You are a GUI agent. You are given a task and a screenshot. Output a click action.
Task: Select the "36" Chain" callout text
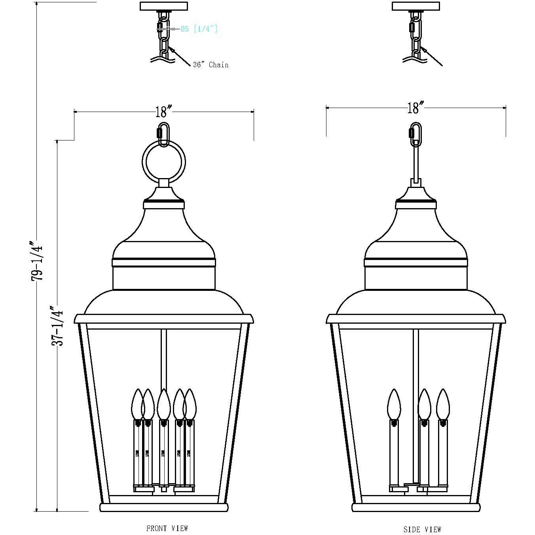click(x=211, y=65)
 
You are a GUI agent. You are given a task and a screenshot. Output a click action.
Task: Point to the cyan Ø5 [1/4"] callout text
click(x=199, y=29)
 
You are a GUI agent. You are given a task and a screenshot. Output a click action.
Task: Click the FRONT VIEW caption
click(x=167, y=528)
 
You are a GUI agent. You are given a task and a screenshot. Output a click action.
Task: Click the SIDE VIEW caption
click(x=422, y=529)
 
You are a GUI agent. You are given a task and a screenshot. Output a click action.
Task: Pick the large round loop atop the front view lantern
click(x=163, y=163)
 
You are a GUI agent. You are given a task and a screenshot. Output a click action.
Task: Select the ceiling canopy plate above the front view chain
click(x=164, y=6)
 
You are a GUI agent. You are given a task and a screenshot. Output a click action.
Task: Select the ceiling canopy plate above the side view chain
click(x=415, y=6)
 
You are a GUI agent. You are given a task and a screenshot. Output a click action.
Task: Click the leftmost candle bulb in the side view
click(x=394, y=404)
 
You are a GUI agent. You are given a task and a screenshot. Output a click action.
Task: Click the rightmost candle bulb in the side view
click(x=443, y=404)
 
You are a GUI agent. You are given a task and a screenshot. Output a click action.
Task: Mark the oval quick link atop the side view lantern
click(x=415, y=135)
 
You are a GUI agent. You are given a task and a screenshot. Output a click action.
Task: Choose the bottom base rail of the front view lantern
click(x=164, y=508)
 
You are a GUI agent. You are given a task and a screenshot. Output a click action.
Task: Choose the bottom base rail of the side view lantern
click(x=416, y=508)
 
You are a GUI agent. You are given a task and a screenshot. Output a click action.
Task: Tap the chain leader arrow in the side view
click(x=432, y=57)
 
